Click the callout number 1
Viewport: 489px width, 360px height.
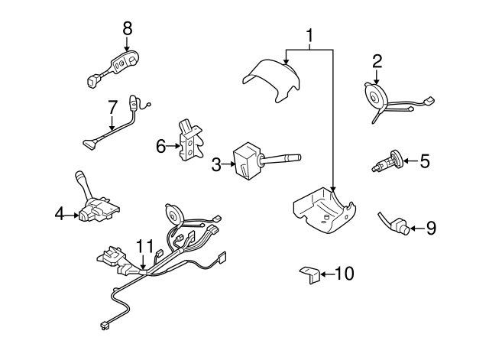tap(310, 34)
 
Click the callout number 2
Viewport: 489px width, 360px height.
tap(377, 60)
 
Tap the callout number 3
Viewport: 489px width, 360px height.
tap(216, 163)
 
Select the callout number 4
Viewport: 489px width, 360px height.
tap(59, 216)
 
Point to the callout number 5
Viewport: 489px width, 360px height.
tap(425, 161)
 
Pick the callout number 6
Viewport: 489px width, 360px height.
tap(160, 144)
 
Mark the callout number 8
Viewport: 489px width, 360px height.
tap(127, 28)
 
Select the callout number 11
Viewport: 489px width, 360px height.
tap(144, 246)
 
